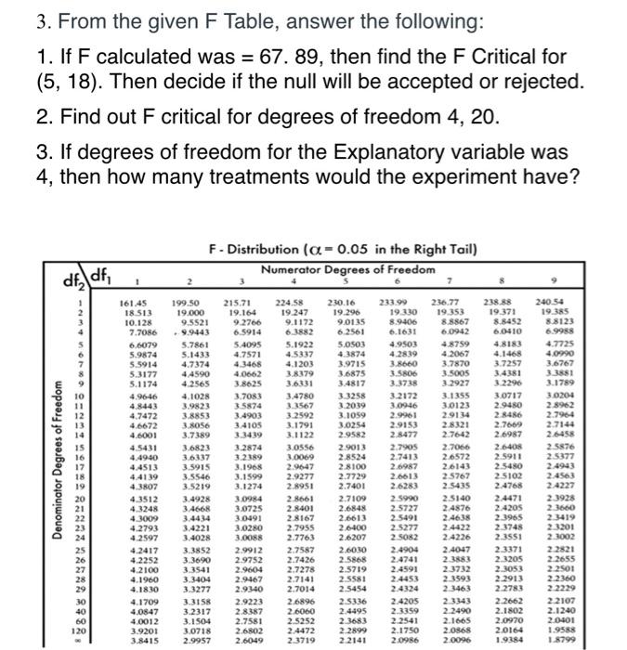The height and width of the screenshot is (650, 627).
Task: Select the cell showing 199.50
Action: point(189,303)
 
